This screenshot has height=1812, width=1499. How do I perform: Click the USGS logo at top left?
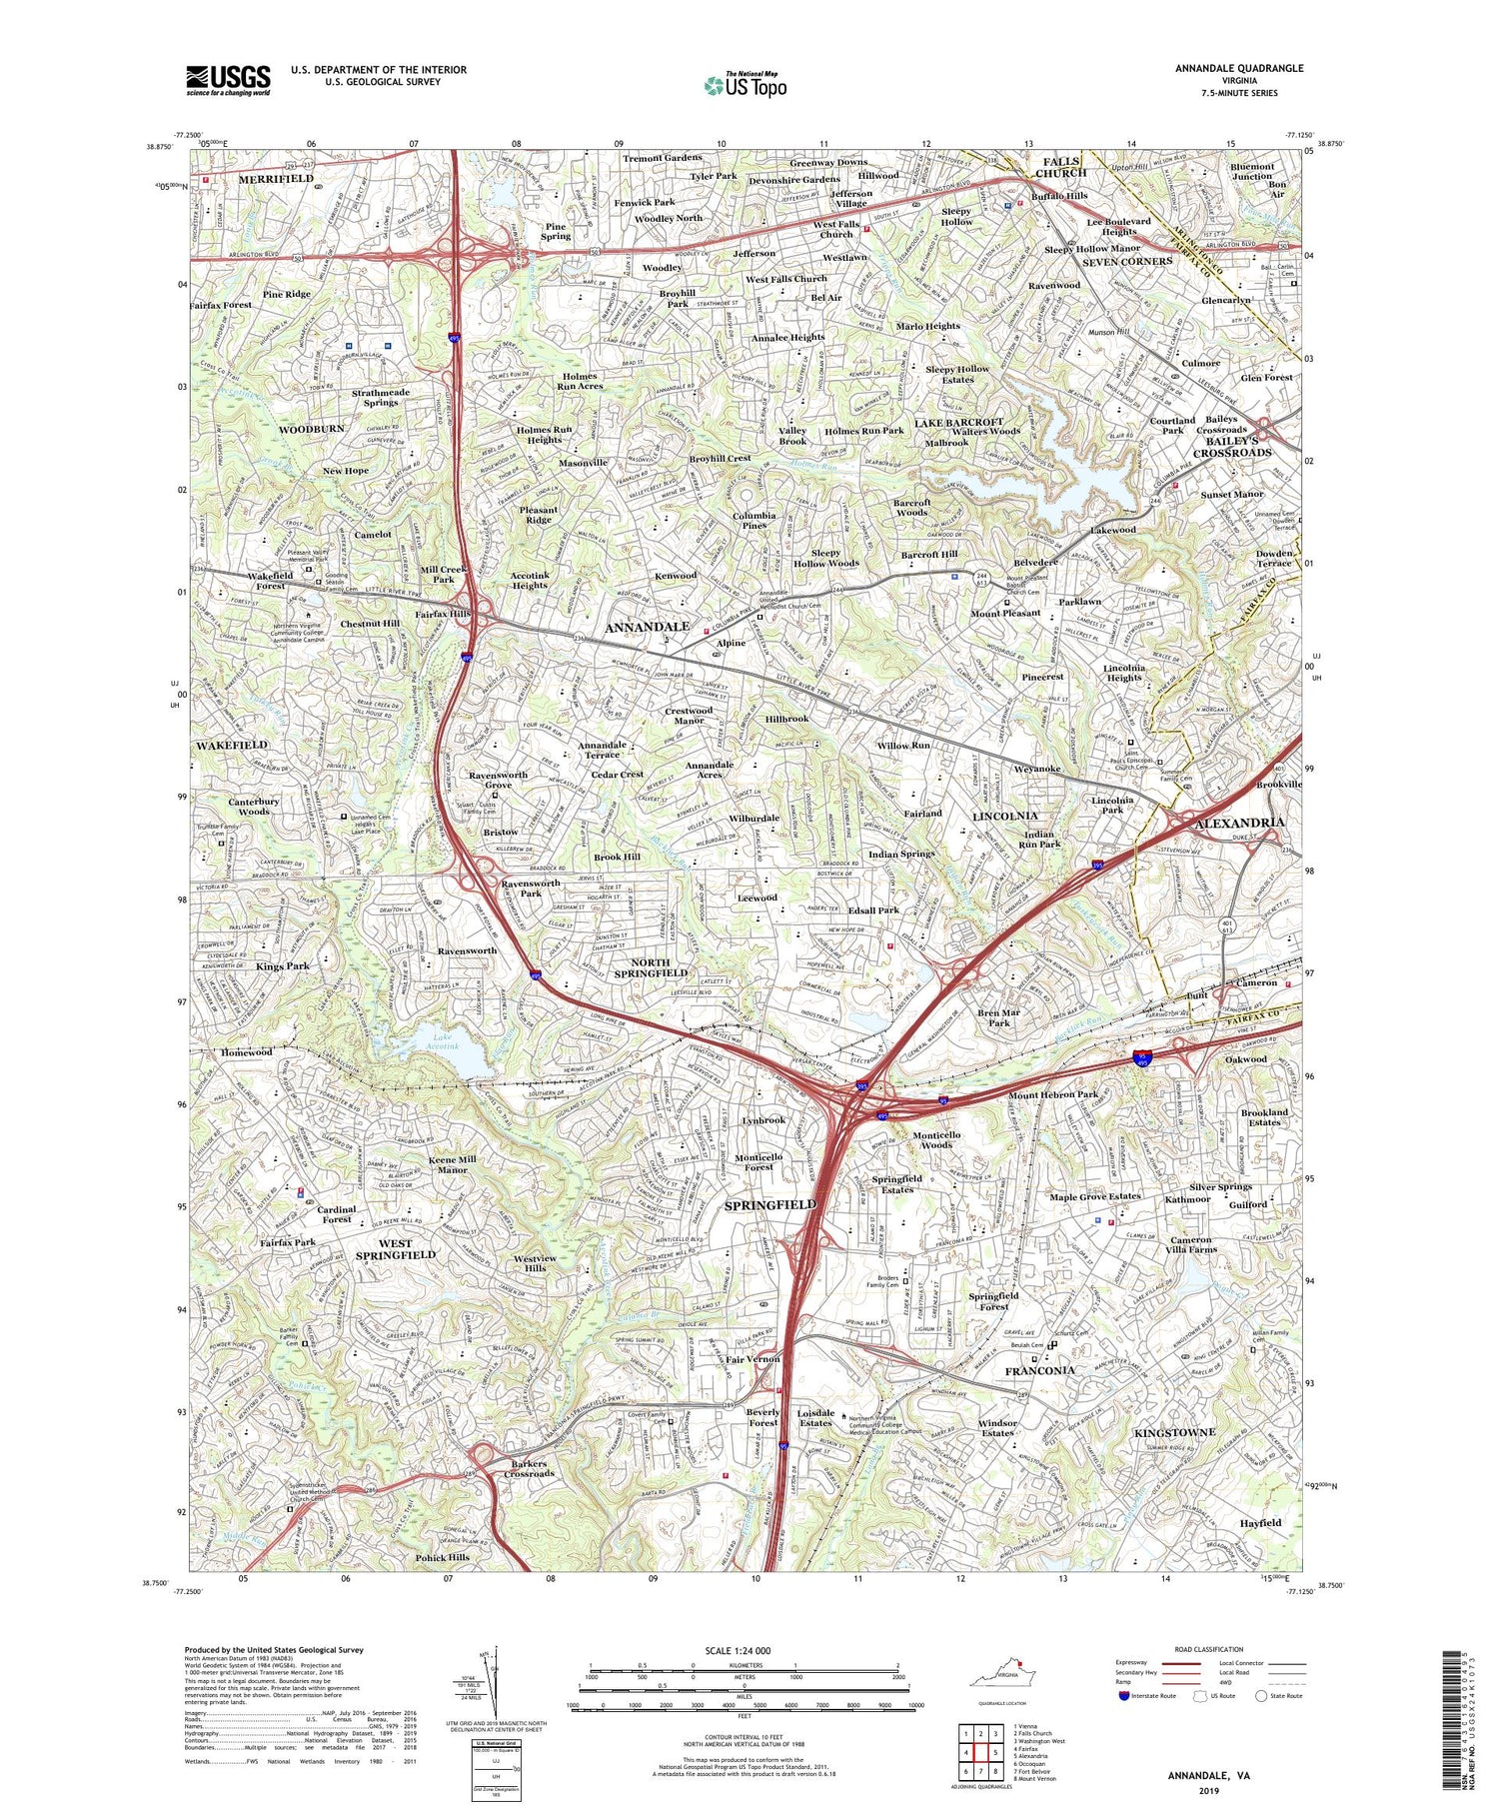(x=228, y=80)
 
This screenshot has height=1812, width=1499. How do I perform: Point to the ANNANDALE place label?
(x=647, y=627)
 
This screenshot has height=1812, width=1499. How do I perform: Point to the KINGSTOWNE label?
(x=1174, y=1432)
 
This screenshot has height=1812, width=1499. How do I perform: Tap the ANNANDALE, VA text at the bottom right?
(x=1209, y=1776)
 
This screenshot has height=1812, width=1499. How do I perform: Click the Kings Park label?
(x=283, y=966)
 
